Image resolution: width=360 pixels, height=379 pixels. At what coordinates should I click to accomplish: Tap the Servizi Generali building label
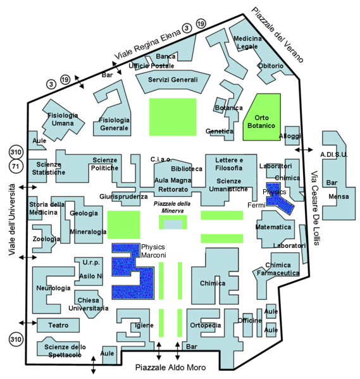point(173,80)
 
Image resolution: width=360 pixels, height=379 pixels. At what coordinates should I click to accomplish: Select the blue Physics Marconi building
point(133,271)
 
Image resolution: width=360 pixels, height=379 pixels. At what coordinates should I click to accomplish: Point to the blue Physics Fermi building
point(278,197)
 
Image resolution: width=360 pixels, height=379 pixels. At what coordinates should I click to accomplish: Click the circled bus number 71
point(15,166)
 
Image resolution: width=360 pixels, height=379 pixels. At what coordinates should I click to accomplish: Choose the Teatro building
point(58,325)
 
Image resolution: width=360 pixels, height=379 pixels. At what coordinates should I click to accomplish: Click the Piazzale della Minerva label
point(172,207)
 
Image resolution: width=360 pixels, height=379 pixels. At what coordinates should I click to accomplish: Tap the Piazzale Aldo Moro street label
point(170,368)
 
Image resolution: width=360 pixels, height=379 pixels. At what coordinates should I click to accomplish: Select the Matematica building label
point(273,227)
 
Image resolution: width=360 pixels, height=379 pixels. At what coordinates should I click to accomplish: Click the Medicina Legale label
point(247,42)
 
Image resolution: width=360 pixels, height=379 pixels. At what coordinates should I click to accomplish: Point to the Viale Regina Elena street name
point(147,45)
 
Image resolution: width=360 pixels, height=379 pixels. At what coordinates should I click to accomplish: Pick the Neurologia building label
point(53,288)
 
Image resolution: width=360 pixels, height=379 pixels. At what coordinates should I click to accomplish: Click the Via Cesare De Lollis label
point(315,208)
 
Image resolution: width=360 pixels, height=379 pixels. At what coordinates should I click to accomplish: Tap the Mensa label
point(338,197)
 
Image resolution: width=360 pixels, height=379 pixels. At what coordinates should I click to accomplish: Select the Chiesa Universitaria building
point(89,304)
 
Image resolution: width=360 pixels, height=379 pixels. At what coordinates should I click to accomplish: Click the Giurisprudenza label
point(123,197)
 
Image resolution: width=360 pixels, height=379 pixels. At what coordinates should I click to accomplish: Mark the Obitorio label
point(271,66)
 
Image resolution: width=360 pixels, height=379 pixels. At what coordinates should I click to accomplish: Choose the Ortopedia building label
point(206,325)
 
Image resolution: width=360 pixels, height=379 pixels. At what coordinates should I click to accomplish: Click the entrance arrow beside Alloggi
point(304,150)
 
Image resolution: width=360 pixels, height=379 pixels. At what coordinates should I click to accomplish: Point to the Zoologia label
point(46,239)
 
